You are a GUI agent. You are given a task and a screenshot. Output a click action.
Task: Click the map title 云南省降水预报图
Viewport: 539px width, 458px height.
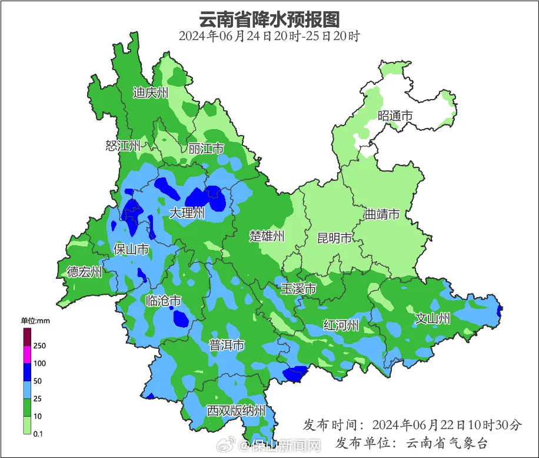coord(269,19)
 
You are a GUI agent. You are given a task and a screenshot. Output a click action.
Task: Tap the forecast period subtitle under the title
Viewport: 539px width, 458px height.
coord(269,36)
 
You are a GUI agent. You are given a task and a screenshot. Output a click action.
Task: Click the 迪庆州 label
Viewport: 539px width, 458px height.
coord(151,93)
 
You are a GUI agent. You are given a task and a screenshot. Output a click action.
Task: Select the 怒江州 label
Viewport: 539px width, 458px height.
coord(123,146)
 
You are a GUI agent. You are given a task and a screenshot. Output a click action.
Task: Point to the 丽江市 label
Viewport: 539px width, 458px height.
coord(206,149)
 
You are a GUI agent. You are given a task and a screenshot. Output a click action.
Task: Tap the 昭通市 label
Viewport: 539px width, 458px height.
coord(395,116)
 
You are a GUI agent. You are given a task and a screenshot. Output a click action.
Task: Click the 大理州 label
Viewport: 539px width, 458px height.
coord(187,213)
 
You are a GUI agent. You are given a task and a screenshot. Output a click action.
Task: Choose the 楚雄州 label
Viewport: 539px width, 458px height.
coord(267,236)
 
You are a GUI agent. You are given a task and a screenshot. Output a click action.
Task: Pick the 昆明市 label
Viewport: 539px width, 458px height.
coord(334,238)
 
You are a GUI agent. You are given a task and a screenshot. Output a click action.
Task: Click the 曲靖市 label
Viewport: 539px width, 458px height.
coord(382,214)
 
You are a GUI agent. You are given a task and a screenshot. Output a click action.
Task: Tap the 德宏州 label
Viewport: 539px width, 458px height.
coord(84,272)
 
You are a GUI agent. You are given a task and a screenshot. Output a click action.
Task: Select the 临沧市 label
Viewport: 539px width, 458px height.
coord(163,301)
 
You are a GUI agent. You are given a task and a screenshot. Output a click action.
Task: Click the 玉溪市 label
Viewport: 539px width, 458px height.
coord(298,289)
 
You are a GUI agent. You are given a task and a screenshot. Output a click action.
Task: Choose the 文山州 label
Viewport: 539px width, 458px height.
coord(432,319)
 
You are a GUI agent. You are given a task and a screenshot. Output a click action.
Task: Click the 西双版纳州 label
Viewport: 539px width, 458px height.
coord(236,411)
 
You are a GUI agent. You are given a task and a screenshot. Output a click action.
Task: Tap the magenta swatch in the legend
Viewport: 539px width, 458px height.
coord(27,355)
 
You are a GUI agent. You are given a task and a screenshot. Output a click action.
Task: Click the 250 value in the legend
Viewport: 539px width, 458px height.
coord(39,345)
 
